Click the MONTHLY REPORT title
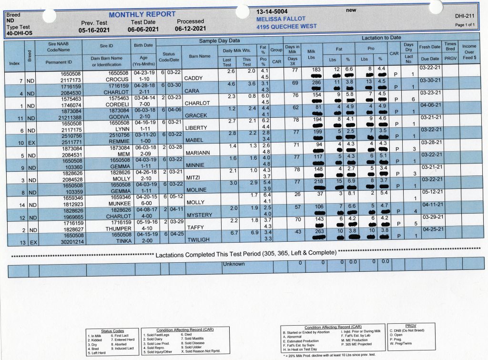pyautogui.click(x=142, y=14)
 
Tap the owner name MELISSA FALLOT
pyautogui.click(x=281, y=19)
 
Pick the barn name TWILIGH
pyautogui.click(x=198, y=240)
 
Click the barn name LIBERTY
pyautogui.click(x=196, y=128)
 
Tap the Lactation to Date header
pyautogui.click(x=381, y=37)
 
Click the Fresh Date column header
pyautogui.click(x=429, y=47)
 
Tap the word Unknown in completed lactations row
pyautogui.click(x=234, y=264)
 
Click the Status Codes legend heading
pyautogui.click(x=112, y=331)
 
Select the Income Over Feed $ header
pyautogui.click(x=469, y=51)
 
